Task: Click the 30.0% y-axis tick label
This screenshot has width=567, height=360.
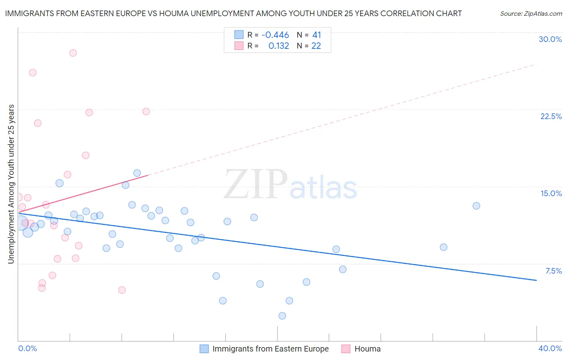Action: coord(550,39)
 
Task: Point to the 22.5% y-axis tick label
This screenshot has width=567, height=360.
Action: coord(551,116)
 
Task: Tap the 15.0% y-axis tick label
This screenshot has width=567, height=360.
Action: coord(551,193)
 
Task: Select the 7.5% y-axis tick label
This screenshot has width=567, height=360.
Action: coord(553,271)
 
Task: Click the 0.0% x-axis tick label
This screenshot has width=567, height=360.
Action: coord(27,348)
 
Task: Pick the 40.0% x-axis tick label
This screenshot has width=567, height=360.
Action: coord(550,348)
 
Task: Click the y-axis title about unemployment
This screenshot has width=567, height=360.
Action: coord(11,184)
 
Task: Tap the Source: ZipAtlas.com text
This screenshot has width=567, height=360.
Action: coord(531,13)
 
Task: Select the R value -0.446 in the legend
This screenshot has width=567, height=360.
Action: coord(275,35)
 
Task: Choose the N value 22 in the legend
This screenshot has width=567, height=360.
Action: coord(316,46)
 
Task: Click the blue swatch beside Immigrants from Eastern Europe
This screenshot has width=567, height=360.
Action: coord(204,349)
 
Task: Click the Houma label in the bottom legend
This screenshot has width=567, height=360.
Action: coord(367,349)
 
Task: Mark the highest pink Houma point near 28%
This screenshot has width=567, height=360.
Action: coord(73,53)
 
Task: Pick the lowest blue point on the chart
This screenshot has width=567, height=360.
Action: coord(282,316)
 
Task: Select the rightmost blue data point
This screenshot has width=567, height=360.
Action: coord(476,206)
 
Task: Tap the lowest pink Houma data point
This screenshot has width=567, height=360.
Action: coord(122,290)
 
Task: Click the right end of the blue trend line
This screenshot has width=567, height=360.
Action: coord(536,280)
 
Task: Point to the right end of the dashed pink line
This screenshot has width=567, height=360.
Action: coord(536,64)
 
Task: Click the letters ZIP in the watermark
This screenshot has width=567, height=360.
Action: coord(256,184)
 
